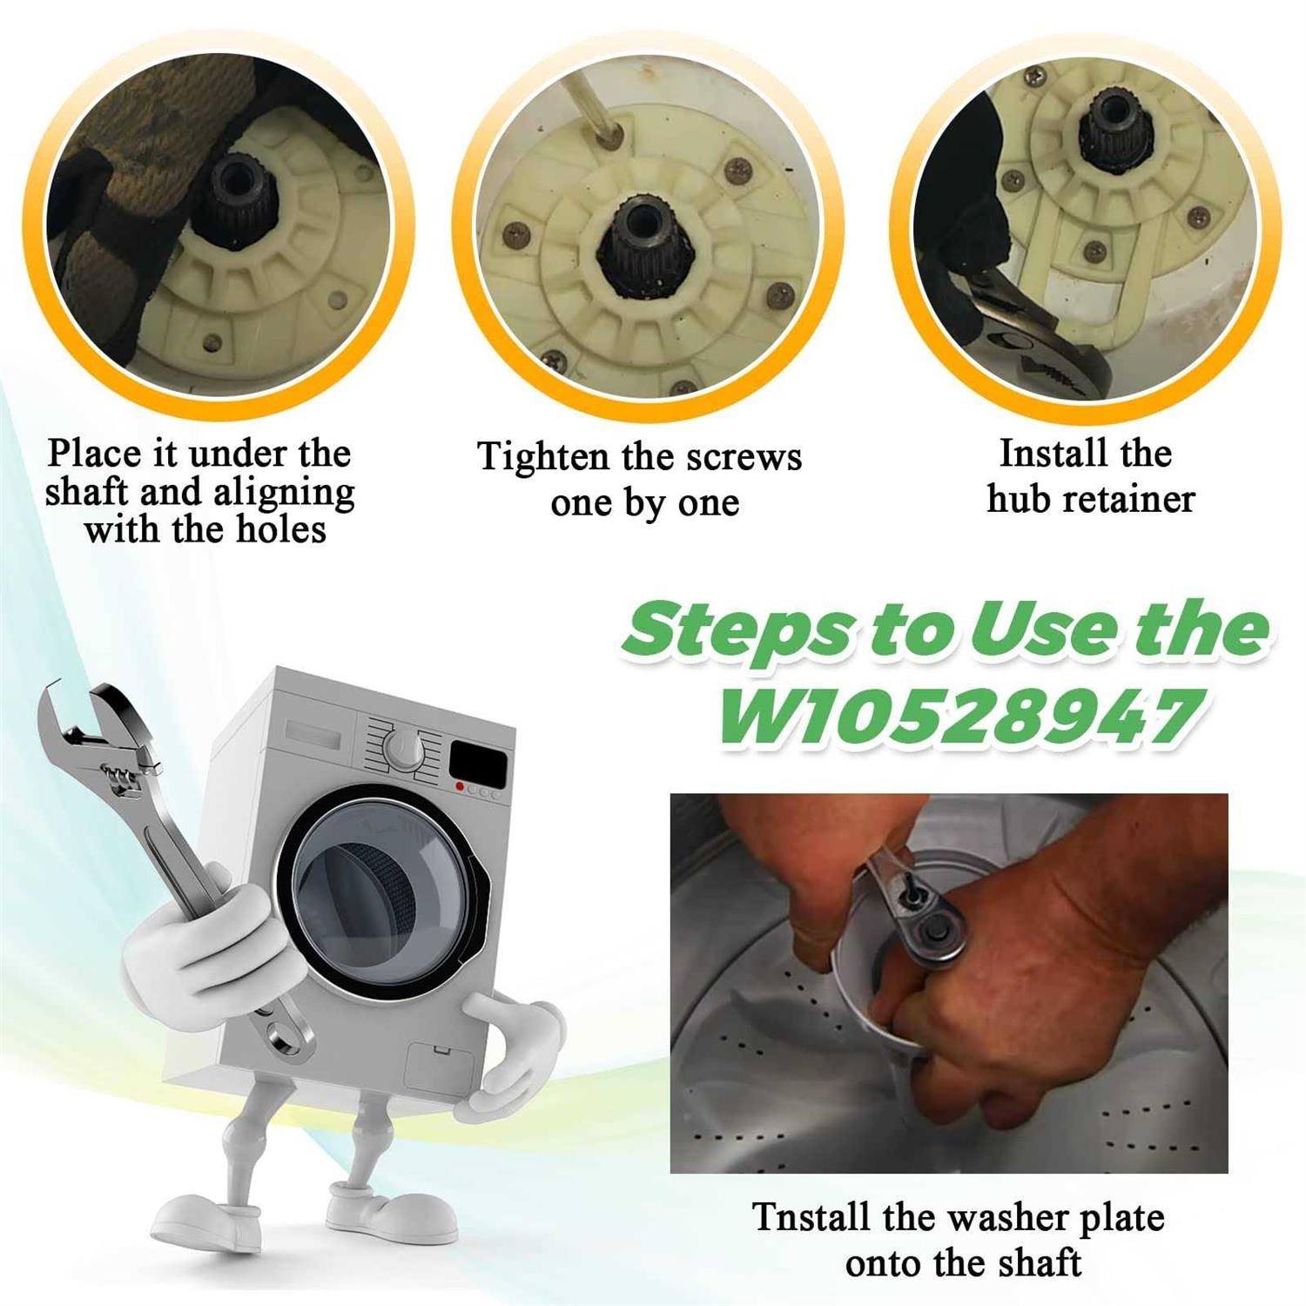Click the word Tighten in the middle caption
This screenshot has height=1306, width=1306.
coord(542,458)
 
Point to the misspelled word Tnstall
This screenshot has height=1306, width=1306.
coord(811,1216)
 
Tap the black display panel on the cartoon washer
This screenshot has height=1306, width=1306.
coord(478,763)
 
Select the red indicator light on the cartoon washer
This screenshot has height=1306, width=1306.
coord(460,786)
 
